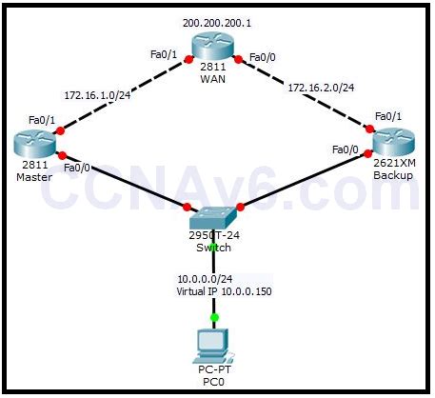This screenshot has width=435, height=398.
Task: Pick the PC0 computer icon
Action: point(210,344)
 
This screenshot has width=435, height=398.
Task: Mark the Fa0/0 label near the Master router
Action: point(77,168)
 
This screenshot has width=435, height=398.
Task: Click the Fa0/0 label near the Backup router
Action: point(345,149)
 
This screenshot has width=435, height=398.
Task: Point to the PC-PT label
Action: point(211,370)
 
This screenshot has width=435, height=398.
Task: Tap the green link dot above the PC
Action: point(215,317)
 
